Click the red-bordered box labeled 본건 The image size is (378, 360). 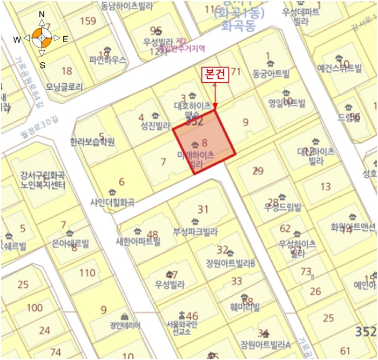click(x=215, y=75)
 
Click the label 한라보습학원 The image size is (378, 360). click(x=92, y=142)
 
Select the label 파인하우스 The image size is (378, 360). click(x=108, y=61)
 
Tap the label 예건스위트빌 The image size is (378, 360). click(x=339, y=68)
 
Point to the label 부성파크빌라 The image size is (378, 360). click(x=195, y=232)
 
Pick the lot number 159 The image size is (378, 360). click(x=87, y=21)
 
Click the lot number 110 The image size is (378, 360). click(x=87, y=272)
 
